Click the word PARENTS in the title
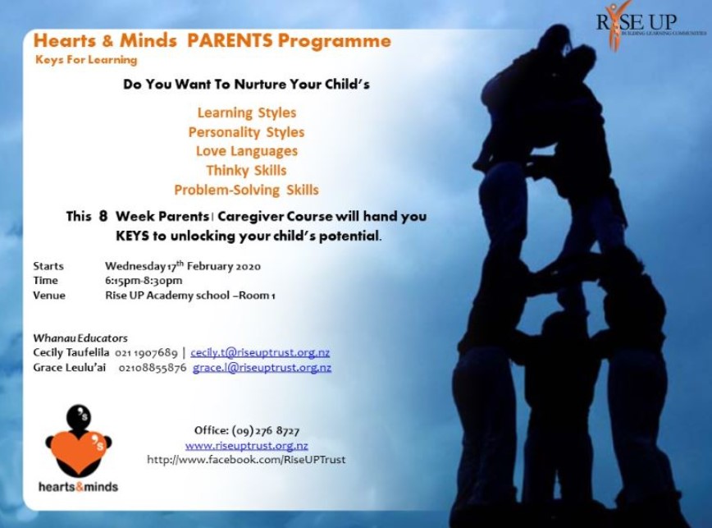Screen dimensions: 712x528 click(230, 40)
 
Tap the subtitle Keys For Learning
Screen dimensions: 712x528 click(86, 60)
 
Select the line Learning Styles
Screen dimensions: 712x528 click(247, 112)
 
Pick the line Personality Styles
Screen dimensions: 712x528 click(247, 132)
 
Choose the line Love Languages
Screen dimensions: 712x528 click(247, 151)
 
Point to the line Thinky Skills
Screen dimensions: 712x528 click(247, 171)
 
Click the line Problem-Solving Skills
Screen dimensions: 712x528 click(247, 190)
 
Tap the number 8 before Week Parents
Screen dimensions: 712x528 click(103, 216)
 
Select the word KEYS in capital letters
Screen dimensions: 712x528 click(132, 236)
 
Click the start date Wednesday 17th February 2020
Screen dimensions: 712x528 click(183, 266)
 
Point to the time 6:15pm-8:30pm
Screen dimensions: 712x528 click(144, 281)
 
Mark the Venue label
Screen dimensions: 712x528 click(49, 296)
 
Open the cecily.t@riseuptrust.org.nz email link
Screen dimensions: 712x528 click(260, 352)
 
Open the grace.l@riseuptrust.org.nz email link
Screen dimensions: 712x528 click(262, 368)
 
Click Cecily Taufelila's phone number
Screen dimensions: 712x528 click(146, 352)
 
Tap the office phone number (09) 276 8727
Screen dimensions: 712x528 click(266, 430)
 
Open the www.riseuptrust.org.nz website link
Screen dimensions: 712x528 click(247, 445)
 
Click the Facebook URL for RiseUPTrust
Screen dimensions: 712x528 click(246, 460)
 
